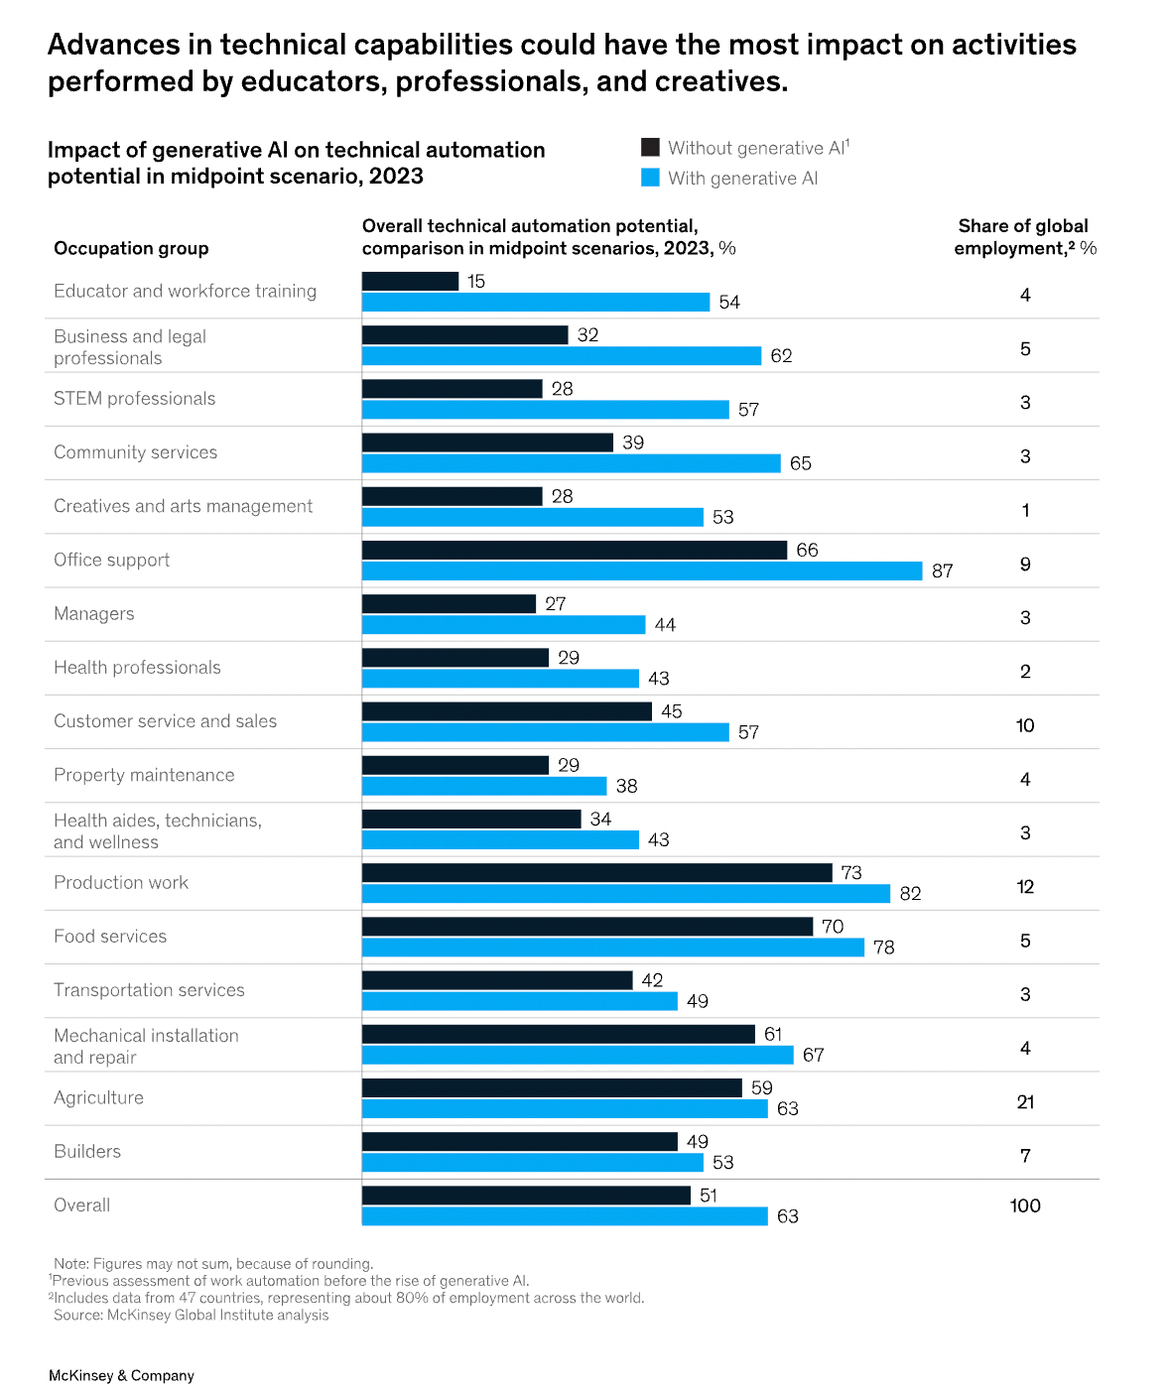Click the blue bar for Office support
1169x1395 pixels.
[641, 571]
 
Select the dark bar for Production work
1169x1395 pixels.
[596, 872]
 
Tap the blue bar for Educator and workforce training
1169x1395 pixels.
[535, 302]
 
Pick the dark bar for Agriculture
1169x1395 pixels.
[552, 1087]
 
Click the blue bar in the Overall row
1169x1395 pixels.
[564, 1215]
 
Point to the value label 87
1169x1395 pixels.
[942, 571]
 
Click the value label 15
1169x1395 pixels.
[476, 281]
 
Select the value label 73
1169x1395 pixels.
[851, 872]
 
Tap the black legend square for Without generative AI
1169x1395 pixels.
[650, 148]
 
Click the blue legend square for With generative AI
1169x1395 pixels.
[650, 178]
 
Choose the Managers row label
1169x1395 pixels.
[94, 614]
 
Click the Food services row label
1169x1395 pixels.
[110, 937]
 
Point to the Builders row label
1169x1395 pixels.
[87, 1152]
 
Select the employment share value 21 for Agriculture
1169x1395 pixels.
[1025, 1102]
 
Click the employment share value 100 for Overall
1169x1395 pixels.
[1025, 1205]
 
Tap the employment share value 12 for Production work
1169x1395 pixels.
[1025, 887]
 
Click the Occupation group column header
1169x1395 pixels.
[131, 248]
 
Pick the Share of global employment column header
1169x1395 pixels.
[1024, 237]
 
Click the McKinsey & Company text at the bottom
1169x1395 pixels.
[121, 1375]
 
